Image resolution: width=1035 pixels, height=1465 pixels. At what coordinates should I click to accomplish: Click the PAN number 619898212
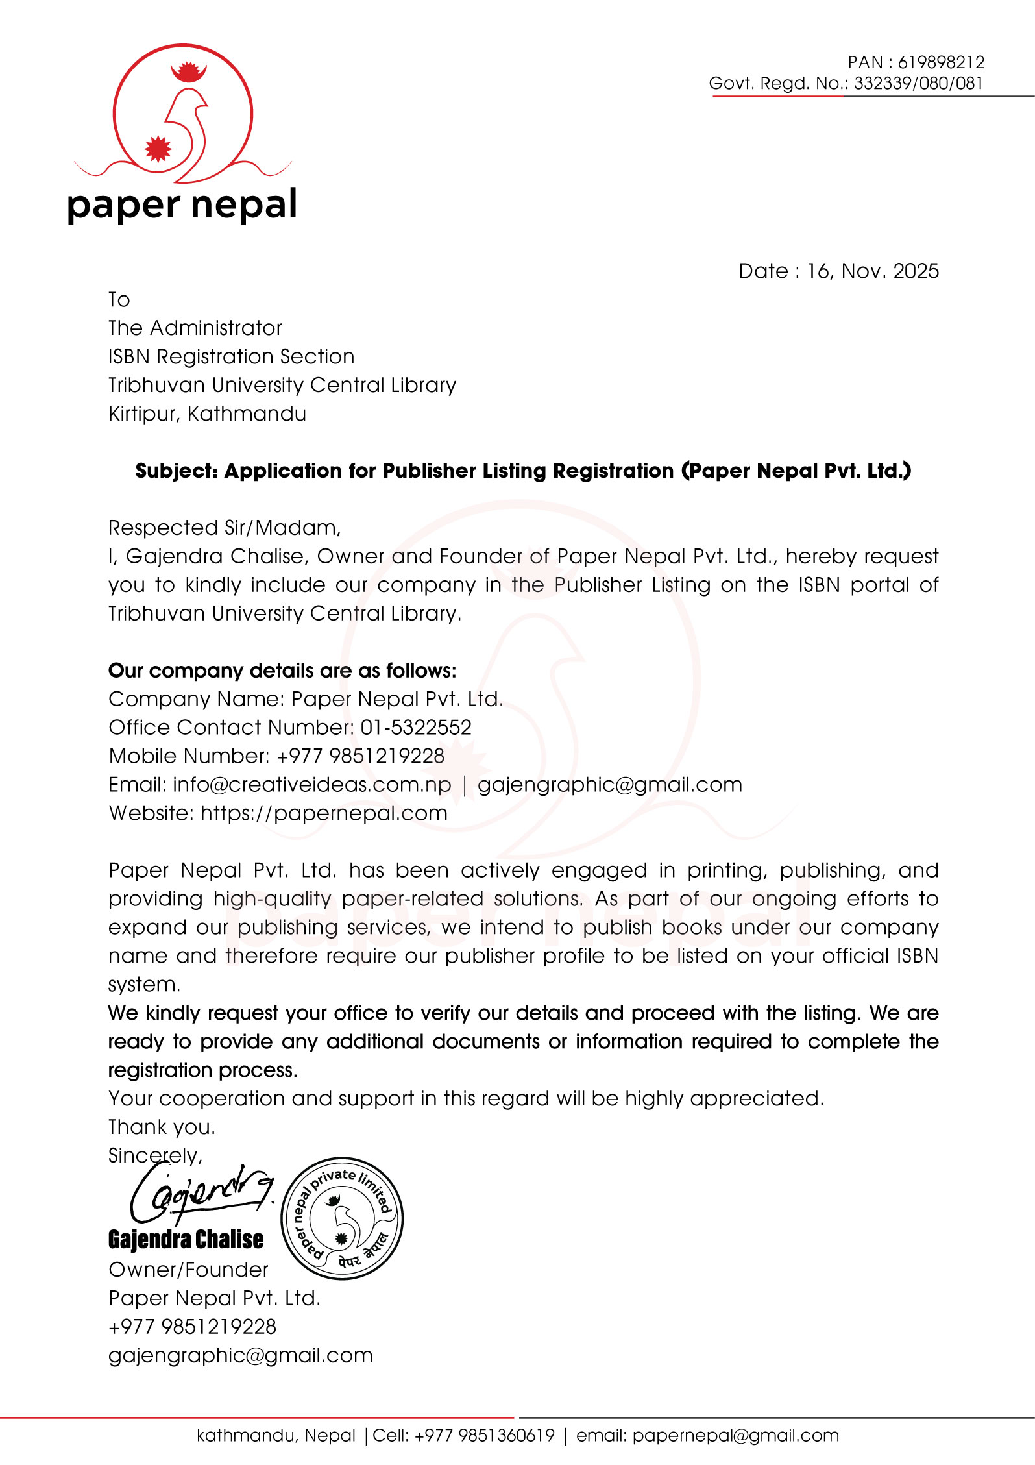coord(941,62)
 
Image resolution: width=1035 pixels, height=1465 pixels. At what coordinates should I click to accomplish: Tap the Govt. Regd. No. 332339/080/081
coord(918,83)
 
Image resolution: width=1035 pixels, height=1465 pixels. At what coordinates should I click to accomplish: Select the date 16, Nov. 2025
coord(872,271)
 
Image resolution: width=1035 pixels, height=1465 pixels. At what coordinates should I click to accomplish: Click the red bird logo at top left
coord(183,114)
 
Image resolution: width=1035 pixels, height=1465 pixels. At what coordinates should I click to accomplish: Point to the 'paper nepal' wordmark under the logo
coord(182,205)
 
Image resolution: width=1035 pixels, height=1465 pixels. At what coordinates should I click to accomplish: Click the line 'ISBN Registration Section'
coord(231,356)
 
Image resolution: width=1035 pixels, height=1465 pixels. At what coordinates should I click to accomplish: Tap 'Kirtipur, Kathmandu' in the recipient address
coord(207,413)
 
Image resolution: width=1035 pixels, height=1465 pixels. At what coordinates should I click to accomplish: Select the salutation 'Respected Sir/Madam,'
coord(225,528)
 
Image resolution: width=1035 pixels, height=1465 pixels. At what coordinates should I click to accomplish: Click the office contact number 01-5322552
coord(416,727)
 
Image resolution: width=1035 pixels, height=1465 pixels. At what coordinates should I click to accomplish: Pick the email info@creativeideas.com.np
coord(311,784)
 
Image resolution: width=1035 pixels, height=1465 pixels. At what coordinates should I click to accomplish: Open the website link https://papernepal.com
coord(324,813)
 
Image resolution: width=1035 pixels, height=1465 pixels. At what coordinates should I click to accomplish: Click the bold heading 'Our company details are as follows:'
coord(282,671)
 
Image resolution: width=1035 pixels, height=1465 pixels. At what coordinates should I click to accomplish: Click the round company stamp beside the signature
coord(342,1218)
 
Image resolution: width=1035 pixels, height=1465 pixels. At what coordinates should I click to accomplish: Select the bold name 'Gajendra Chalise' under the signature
coord(186,1239)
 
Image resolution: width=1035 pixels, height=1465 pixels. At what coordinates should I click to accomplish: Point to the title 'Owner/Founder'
coord(188,1270)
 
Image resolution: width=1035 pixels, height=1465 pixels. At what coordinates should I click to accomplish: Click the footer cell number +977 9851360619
coord(484,1435)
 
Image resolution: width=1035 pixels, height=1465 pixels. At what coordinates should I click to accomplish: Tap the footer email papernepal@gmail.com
coord(735,1435)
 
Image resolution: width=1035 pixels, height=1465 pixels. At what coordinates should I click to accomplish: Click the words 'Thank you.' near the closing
coord(162,1127)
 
